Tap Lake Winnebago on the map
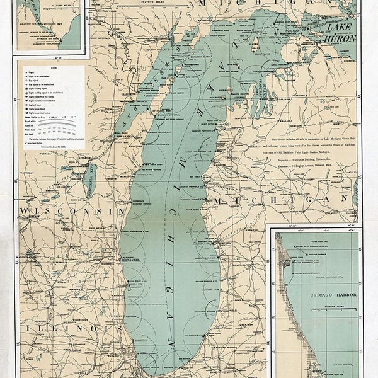[x=89, y=181]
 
